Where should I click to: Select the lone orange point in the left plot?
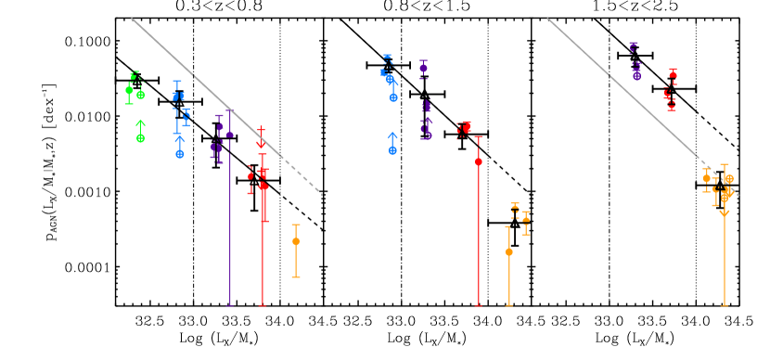296,241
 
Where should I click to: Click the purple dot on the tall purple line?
229,135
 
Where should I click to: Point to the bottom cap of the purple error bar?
229,305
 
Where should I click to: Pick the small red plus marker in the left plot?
261,130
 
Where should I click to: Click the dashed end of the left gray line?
321,194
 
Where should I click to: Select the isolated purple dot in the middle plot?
423,68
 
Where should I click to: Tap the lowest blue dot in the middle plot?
392,150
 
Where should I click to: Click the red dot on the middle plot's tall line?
479,161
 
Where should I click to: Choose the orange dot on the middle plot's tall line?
508,251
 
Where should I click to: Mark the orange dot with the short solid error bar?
526,220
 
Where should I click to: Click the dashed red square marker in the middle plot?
464,128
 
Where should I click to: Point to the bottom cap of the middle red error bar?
479,305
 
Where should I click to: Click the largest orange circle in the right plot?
729,179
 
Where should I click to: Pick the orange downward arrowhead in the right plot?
725,213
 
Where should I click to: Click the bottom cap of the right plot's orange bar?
725,305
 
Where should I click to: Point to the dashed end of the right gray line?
738,195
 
